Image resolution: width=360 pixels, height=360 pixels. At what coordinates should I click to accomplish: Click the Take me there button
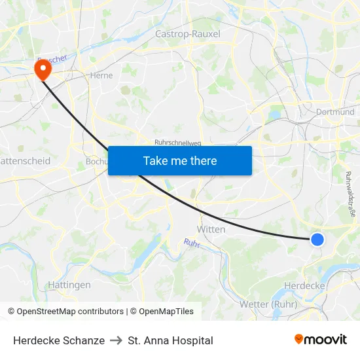(x=180, y=160)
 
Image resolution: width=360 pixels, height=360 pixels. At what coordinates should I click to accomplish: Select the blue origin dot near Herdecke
(x=317, y=240)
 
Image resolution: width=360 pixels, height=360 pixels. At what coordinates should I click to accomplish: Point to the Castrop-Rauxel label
(x=188, y=33)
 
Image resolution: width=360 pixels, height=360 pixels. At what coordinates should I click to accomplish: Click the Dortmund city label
(x=335, y=112)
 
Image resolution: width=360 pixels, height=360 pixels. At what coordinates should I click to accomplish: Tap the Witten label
(x=211, y=229)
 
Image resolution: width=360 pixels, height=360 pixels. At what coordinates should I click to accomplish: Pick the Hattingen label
(x=69, y=285)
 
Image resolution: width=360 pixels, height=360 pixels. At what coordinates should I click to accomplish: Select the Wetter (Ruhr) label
(x=268, y=304)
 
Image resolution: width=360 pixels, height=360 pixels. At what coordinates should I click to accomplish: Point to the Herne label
(x=101, y=75)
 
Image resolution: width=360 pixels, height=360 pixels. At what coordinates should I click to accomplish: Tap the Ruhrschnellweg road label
(x=178, y=142)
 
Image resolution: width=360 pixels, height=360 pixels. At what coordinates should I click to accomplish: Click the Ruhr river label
(x=191, y=243)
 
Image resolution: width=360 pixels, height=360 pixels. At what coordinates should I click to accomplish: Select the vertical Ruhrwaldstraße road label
(x=350, y=193)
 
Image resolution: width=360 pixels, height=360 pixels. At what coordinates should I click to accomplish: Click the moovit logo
(x=320, y=340)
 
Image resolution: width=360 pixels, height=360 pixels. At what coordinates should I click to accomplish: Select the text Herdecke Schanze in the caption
(x=59, y=340)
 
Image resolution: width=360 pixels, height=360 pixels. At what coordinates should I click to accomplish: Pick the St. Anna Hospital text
(x=171, y=340)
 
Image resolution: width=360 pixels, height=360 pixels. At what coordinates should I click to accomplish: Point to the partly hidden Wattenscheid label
(x=25, y=160)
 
